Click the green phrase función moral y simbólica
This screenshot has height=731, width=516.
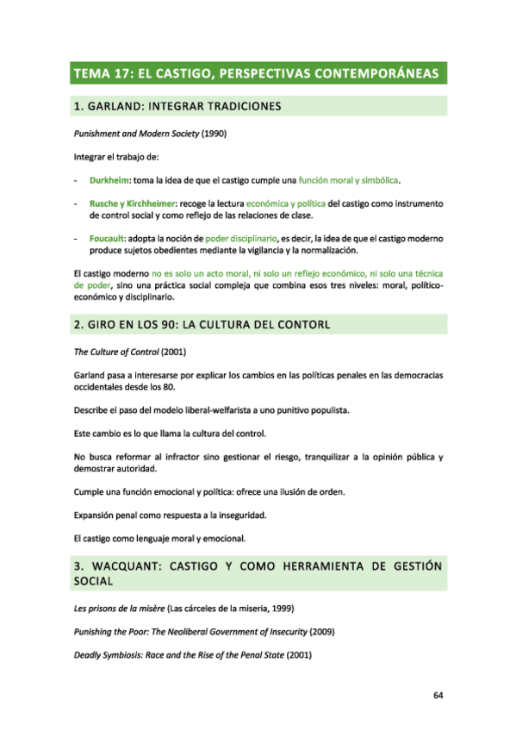click(349, 180)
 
